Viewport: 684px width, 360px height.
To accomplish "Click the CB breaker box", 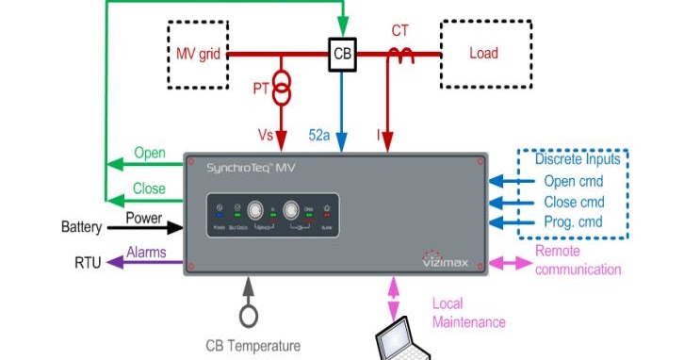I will pos(342,55).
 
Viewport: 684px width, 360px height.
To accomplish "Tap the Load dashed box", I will pos(483,54).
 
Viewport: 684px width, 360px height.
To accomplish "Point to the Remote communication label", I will pos(578,260).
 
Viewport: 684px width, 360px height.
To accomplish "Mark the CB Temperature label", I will pos(253,345).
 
